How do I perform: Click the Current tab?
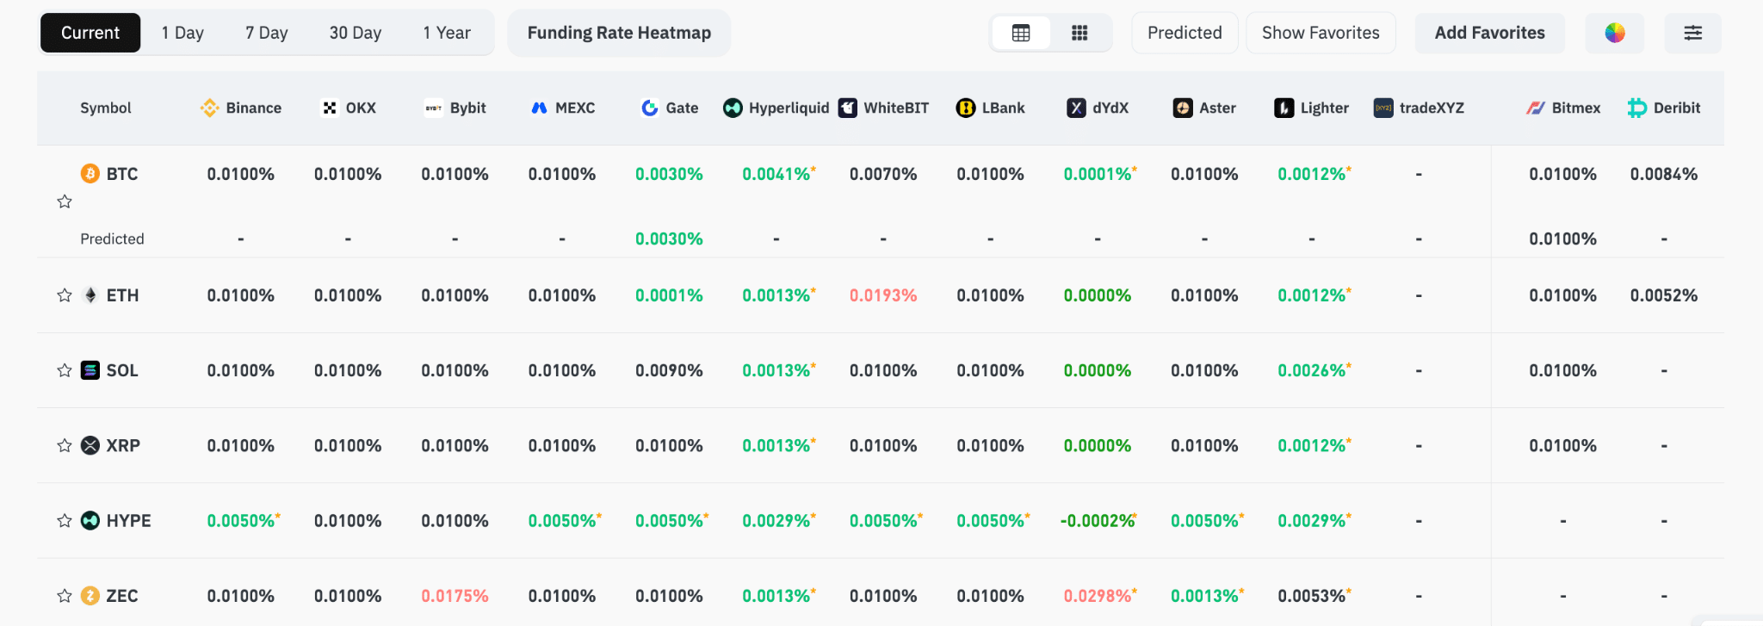(x=90, y=33)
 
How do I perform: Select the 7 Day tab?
(x=266, y=33)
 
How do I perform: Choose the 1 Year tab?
(x=447, y=33)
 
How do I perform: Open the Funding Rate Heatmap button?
(x=619, y=33)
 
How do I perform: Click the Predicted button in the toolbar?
(x=1185, y=33)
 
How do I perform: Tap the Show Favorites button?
(x=1321, y=33)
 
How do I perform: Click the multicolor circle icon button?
(x=1615, y=33)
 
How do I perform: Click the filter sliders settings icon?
(x=1692, y=33)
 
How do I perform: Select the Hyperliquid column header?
(x=776, y=108)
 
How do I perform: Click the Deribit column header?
(x=1664, y=108)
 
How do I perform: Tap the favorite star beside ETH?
(x=65, y=295)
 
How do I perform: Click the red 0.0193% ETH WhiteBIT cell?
(x=883, y=295)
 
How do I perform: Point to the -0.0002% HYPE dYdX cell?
(x=1098, y=521)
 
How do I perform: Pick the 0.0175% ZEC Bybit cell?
(x=455, y=596)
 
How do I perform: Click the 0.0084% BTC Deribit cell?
(x=1664, y=174)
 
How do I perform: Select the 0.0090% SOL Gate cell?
(x=669, y=370)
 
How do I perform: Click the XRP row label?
(x=123, y=445)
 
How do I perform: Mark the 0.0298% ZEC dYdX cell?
(x=1100, y=596)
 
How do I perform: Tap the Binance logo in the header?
(x=209, y=108)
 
